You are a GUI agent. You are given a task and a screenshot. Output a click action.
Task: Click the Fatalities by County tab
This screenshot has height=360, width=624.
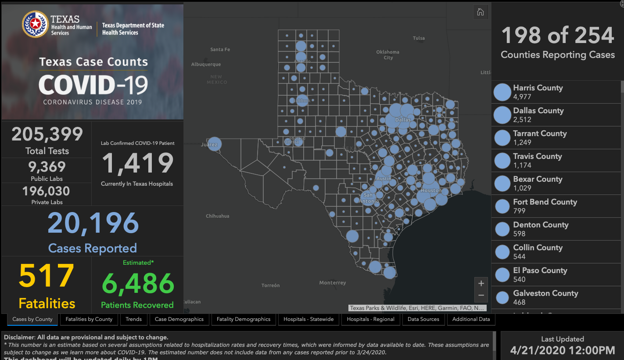[x=89, y=319]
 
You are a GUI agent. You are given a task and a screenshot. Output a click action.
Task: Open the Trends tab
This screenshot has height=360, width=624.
[x=133, y=319]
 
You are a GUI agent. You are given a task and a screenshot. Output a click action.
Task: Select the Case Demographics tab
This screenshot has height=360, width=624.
[x=179, y=319]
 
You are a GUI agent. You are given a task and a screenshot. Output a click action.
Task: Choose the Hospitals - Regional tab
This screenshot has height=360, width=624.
[x=370, y=319]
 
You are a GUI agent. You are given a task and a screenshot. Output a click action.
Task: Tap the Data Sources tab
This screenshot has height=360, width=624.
[x=423, y=319]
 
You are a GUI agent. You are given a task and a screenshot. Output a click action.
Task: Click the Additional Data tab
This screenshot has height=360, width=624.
[x=471, y=319]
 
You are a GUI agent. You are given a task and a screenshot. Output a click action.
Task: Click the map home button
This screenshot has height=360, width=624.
[x=481, y=12]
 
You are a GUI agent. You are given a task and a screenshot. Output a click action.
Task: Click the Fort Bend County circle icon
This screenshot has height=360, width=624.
[x=502, y=206]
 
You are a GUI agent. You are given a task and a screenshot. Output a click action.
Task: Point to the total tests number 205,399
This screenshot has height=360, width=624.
[x=47, y=134]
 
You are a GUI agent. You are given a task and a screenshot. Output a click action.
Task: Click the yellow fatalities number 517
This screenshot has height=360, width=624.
[x=47, y=276]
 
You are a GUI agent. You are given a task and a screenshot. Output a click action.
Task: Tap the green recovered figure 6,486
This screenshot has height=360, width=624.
[x=138, y=284]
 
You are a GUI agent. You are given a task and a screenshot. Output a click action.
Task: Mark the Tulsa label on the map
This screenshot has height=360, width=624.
[x=419, y=38]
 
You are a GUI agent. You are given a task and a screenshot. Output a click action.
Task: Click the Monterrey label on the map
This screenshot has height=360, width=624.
[x=333, y=283]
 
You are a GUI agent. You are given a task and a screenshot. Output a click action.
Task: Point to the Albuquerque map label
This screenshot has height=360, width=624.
[x=206, y=65]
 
